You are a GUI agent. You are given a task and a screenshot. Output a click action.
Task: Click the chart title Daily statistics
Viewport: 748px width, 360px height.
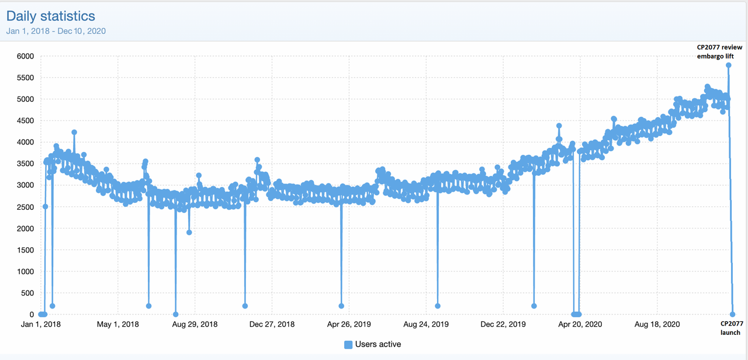(x=51, y=16)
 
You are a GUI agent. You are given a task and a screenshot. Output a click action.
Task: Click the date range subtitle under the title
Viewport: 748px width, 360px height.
(x=56, y=31)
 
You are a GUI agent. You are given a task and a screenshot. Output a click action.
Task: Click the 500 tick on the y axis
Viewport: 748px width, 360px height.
(x=27, y=293)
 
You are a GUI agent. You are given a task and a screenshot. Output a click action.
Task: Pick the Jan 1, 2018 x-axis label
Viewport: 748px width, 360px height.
(x=41, y=324)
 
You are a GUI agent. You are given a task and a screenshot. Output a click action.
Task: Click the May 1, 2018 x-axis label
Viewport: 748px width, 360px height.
(x=118, y=324)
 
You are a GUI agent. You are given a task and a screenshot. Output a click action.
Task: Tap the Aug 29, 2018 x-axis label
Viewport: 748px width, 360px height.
(x=195, y=324)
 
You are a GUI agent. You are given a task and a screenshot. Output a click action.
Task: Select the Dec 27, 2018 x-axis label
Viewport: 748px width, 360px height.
(x=272, y=324)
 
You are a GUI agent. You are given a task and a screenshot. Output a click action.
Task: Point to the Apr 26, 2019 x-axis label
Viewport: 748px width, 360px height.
(x=349, y=324)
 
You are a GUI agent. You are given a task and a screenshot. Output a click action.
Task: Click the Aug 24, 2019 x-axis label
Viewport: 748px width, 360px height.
(x=426, y=324)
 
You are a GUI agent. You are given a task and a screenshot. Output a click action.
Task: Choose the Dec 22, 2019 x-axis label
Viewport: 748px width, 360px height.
(x=503, y=324)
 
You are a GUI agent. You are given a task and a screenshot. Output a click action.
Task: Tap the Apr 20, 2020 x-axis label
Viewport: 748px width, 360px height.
(x=580, y=324)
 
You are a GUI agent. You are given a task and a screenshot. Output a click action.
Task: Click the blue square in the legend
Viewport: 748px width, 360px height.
(x=348, y=344)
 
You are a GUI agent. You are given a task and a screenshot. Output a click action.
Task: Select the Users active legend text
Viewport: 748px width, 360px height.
(x=378, y=344)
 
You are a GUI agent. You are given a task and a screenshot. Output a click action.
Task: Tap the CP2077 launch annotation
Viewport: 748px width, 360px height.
(x=731, y=328)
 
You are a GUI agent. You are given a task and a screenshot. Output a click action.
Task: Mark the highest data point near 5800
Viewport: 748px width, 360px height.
(x=729, y=65)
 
